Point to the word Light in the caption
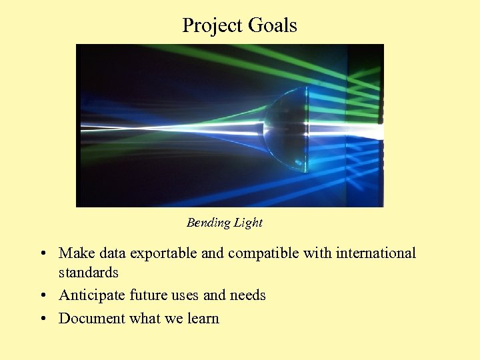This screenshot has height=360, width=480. click(247, 223)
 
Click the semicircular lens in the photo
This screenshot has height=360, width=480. click(285, 127)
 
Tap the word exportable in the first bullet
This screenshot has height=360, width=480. click(163, 253)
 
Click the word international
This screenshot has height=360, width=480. click(376, 253)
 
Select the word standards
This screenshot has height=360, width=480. click(89, 272)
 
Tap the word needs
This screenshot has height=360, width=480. click(248, 295)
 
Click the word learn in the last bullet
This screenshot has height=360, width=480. click(203, 318)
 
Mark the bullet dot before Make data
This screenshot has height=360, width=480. click(42, 254)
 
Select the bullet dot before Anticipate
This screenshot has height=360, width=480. click(42, 296)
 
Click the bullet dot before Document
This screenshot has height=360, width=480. click(42, 319)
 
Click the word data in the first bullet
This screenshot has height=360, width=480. click(112, 253)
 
